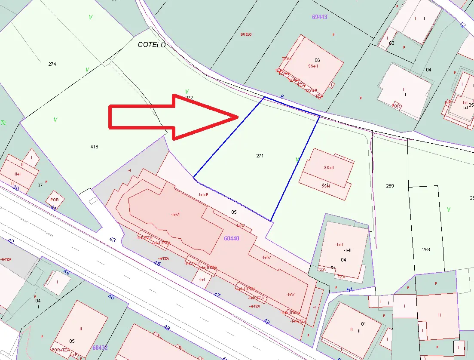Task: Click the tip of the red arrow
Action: pyautogui.click(x=238, y=117)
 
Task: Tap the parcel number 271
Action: pyautogui.click(x=260, y=156)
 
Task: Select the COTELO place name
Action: pyautogui.click(x=152, y=45)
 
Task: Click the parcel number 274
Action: pyautogui.click(x=52, y=64)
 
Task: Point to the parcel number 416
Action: pyautogui.click(x=94, y=147)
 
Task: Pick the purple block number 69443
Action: pyautogui.click(x=320, y=17)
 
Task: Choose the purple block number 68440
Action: pyautogui.click(x=232, y=238)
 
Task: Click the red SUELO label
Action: pyautogui.click(x=246, y=34)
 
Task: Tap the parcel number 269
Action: pyautogui.click(x=390, y=186)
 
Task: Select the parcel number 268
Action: pyautogui.click(x=426, y=249)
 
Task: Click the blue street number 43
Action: pyautogui.click(x=113, y=240)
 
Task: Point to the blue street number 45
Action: pyautogui.click(x=157, y=263)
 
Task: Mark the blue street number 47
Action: pyautogui.click(x=217, y=295)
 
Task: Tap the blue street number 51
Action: pyautogui.click(x=350, y=289)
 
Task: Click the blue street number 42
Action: pyautogui.click(x=11, y=241)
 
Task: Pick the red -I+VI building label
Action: pyautogui.click(x=175, y=214)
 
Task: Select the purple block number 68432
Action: pyautogui.click(x=100, y=347)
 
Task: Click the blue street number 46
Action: pyautogui.click(x=111, y=297)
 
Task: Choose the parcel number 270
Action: pyautogui.click(x=325, y=185)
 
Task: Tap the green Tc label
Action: pyautogui.click(x=3, y=122)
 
